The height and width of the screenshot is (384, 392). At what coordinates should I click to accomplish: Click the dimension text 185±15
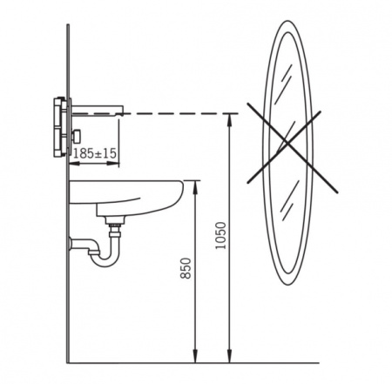pos(95,153)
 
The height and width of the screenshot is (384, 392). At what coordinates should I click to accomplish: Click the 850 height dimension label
pos(186,268)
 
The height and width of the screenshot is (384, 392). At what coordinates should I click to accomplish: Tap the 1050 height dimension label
pos(220,235)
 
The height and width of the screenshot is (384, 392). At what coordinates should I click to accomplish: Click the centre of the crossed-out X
pos(287,143)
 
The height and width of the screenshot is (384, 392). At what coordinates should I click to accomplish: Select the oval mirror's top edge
pos(287,21)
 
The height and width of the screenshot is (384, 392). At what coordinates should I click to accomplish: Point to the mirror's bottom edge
pos(288,284)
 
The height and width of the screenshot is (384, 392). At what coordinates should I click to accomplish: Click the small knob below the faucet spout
pos(78,136)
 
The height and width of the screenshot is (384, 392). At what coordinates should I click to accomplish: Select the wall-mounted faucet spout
pos(98,110)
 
